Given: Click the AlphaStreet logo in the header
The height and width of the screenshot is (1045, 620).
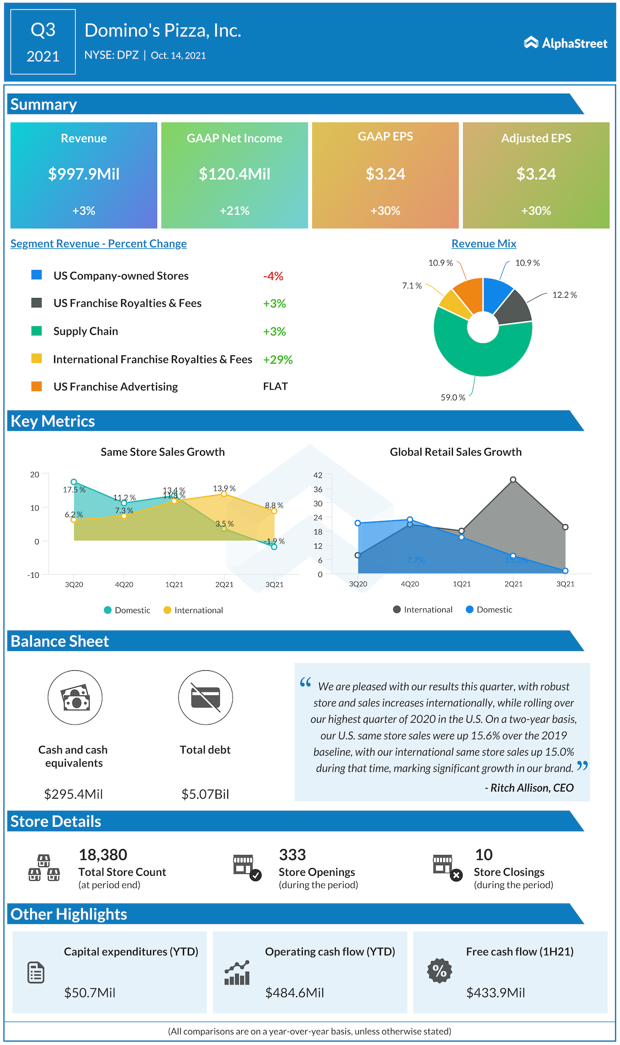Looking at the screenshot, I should coord(565,43).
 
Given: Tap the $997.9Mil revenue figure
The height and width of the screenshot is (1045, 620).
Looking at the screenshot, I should coord(84,174).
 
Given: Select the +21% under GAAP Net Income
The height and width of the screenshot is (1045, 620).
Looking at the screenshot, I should coord(234,211).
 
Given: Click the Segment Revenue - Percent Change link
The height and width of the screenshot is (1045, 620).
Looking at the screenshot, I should coord(98,243).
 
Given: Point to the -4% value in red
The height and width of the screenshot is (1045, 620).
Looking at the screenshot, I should coord(273,276).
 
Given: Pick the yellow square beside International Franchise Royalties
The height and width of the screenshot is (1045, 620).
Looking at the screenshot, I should coord(36,359).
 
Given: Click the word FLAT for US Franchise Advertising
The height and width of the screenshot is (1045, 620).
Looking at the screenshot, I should coord(275,386).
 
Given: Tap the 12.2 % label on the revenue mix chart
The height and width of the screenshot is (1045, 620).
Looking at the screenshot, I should coord(564,295).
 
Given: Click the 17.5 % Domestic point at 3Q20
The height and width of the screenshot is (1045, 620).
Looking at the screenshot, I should coord(74,482).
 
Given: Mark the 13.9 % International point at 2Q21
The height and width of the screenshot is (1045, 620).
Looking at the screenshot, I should coord(224,493).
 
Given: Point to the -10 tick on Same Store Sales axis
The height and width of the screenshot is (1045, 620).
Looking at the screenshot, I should coord(33,575).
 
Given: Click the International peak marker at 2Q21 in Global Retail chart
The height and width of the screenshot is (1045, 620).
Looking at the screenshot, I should coord(513,480).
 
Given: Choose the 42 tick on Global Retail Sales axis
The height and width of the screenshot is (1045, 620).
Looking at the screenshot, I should coord(318,475).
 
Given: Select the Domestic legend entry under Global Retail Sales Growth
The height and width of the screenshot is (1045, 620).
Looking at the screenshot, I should coord(489,609).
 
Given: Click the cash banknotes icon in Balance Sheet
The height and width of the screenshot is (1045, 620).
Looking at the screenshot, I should coord(75,697).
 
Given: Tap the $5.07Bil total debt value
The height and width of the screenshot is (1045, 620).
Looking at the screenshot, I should coord(205,794).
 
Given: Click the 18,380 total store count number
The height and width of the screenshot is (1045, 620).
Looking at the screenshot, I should coord(103,855).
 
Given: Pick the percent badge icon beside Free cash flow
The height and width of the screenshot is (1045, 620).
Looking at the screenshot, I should coord(439,971).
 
